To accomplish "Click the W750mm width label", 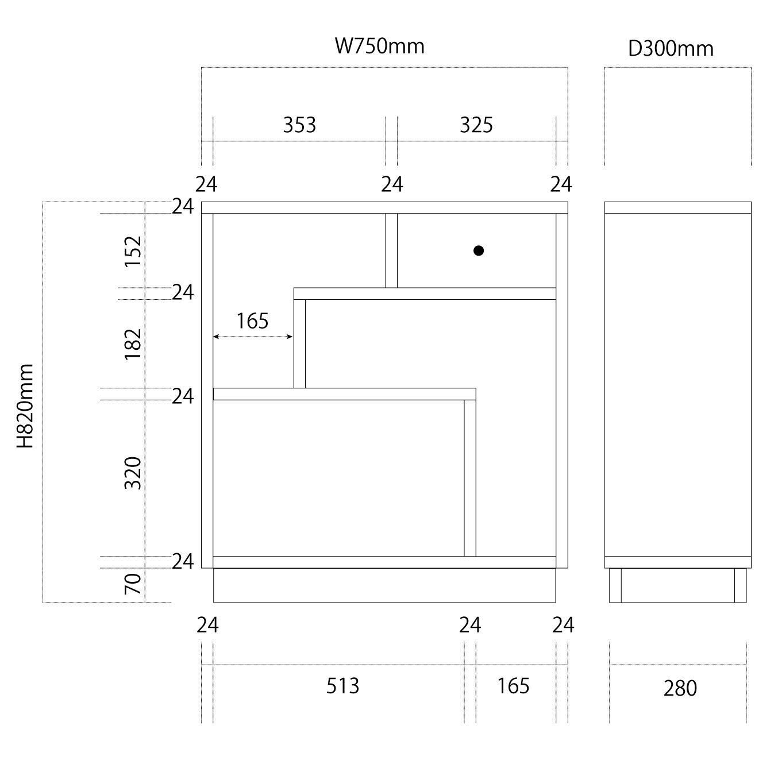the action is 379,46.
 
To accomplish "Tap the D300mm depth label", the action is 671,49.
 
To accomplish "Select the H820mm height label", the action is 25,406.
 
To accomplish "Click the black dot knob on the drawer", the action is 478,250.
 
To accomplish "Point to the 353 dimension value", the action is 299,125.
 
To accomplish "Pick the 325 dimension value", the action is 476,125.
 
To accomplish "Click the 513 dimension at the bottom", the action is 342,685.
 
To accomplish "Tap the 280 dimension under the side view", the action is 680,688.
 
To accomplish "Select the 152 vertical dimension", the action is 133,251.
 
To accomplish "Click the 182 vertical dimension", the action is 133,344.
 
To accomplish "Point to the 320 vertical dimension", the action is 133,473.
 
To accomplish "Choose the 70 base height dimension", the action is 133,584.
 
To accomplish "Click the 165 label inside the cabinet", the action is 252,321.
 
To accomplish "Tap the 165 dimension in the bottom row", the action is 513,685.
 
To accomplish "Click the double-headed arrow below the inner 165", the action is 253,337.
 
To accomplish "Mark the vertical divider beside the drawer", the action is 391,250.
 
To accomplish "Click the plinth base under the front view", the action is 384,585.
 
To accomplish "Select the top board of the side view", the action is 677,207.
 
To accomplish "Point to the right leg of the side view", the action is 740,585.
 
